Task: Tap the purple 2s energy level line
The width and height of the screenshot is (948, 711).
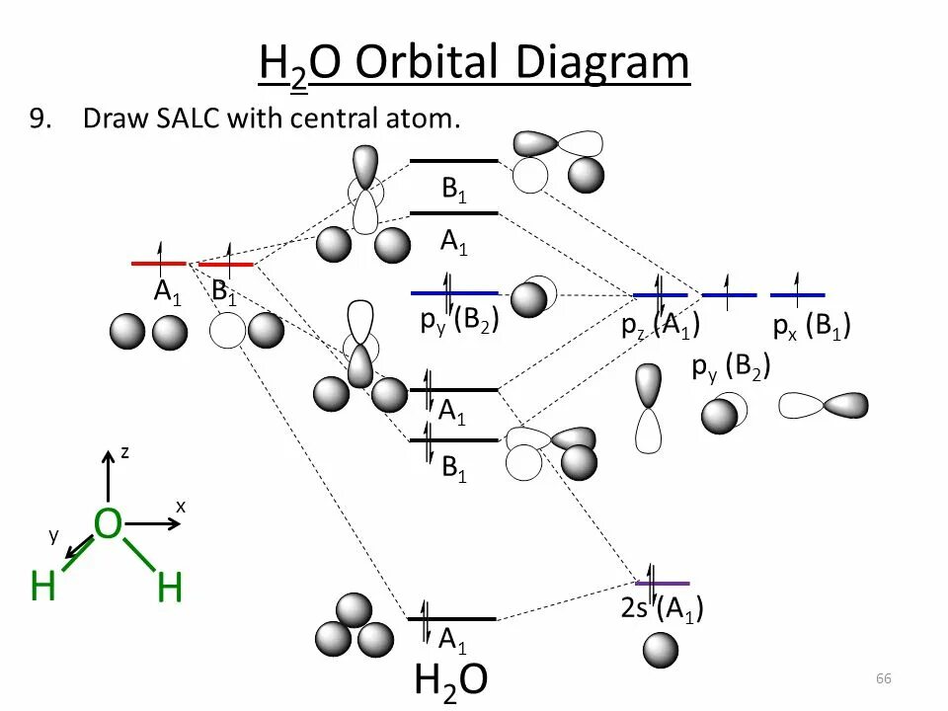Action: click(663, 584)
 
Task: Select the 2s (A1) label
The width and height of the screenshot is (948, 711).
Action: click(662, 608)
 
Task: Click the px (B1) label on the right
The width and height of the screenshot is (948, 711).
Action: click(812, 327)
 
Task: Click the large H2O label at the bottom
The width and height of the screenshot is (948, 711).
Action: click(450, 680)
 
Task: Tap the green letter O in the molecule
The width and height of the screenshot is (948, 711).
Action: click(108, 525)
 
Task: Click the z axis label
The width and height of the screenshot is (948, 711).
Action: click(125, 452)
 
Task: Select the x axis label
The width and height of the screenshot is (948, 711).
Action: click(181, 506)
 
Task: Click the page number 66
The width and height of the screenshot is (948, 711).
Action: click(883, 678)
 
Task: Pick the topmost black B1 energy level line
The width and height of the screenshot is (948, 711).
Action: click(454, 160)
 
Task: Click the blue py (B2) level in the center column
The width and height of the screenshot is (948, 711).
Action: click(454, 292)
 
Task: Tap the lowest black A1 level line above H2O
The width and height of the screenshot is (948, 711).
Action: click(452, 619)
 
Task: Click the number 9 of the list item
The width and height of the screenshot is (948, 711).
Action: click(39, 119)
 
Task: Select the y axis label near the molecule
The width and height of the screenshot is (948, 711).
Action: click(54, 534)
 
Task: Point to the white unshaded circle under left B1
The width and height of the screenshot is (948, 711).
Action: click(227, 332)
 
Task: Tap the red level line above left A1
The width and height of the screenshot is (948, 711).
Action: click(159, 264)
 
